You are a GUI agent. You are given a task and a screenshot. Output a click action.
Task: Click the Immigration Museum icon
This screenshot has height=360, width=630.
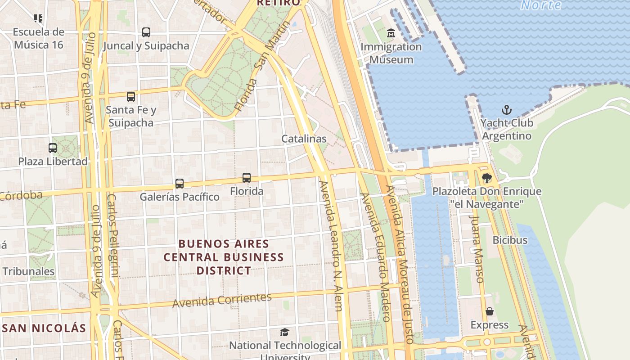click(391, 33)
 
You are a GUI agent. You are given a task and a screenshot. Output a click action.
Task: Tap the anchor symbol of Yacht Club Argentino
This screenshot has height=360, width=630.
click(507, 110)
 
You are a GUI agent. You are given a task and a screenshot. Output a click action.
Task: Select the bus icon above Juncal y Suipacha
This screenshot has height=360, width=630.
click(146, 32)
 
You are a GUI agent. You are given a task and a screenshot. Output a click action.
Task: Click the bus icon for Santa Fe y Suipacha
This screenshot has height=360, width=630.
click(131, 97)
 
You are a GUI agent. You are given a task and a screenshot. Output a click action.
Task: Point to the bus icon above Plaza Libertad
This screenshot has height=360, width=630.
click(53, 148)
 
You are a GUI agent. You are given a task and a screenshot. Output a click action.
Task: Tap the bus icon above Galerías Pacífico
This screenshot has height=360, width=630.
click(180, 184)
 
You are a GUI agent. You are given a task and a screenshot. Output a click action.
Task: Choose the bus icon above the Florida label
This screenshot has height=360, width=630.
click(247, 178)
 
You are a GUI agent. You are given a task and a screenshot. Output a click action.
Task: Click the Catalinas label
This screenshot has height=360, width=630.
click(304, 139)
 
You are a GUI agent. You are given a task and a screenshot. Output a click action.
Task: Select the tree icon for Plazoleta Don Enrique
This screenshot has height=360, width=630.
click(486, 178)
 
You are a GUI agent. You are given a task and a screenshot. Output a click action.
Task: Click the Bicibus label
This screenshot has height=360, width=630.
click(510, 240)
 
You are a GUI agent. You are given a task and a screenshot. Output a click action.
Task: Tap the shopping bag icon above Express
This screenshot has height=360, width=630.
click(490, 311)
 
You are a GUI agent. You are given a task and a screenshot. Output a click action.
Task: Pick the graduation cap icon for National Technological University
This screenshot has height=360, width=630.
click(284, 333)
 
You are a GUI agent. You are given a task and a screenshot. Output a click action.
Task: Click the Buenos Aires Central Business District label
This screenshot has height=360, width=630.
click(224, 257)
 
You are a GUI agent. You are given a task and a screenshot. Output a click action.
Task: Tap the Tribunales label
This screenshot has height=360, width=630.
click(28, 271)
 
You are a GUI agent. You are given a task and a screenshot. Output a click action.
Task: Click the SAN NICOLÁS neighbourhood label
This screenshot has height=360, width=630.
click(44, 328)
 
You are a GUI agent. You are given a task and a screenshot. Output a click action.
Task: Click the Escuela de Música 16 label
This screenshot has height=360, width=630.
click(38, 38)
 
